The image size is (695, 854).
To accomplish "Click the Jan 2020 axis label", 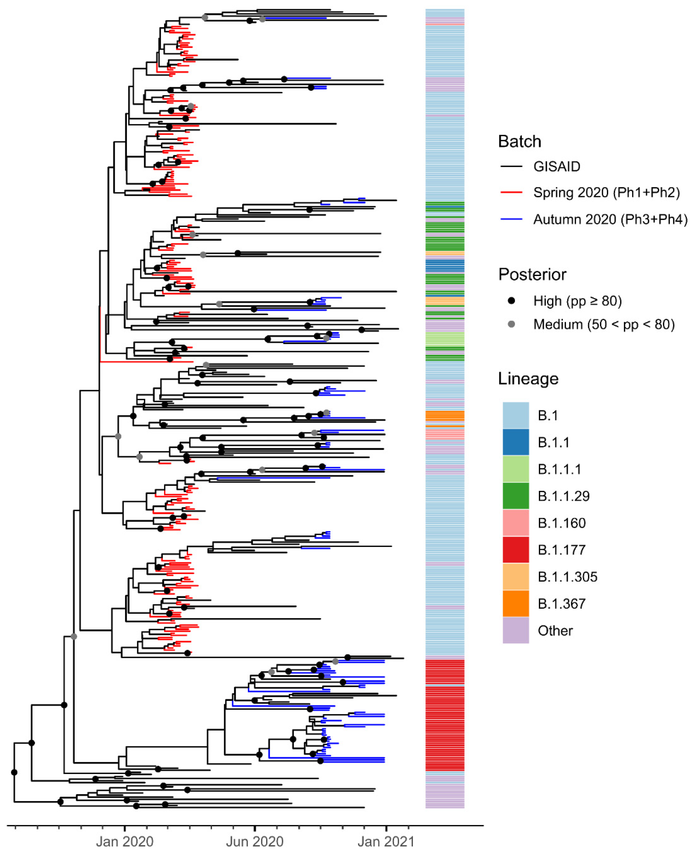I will point(125,841).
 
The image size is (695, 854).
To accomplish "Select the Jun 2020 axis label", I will point(255,841).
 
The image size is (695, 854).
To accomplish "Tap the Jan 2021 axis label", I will point(385,841).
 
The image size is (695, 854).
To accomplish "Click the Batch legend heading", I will point(519,141).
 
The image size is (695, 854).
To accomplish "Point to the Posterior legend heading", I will point(532,274).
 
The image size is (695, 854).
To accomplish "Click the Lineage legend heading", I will point(528,378).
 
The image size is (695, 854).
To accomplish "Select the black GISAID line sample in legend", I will point(511,166).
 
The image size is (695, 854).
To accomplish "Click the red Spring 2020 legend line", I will point(511,193).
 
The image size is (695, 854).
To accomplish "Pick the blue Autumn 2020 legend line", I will point(511,219).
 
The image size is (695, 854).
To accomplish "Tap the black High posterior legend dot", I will point(511,301).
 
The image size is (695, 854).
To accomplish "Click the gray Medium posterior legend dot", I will point(511,324).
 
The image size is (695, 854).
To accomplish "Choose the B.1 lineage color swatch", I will point(516,415).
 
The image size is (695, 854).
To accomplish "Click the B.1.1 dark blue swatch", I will point(516,442).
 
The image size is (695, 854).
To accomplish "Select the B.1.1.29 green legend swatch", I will point(516,496).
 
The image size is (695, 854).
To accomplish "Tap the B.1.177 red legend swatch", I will point(516,550).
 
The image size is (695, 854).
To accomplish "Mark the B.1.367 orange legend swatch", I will point(516,603).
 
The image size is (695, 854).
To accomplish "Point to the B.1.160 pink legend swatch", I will point(516,523).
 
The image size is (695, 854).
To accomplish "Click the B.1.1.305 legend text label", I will point(567,577).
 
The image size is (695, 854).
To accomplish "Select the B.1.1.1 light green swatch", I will point(516,469).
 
